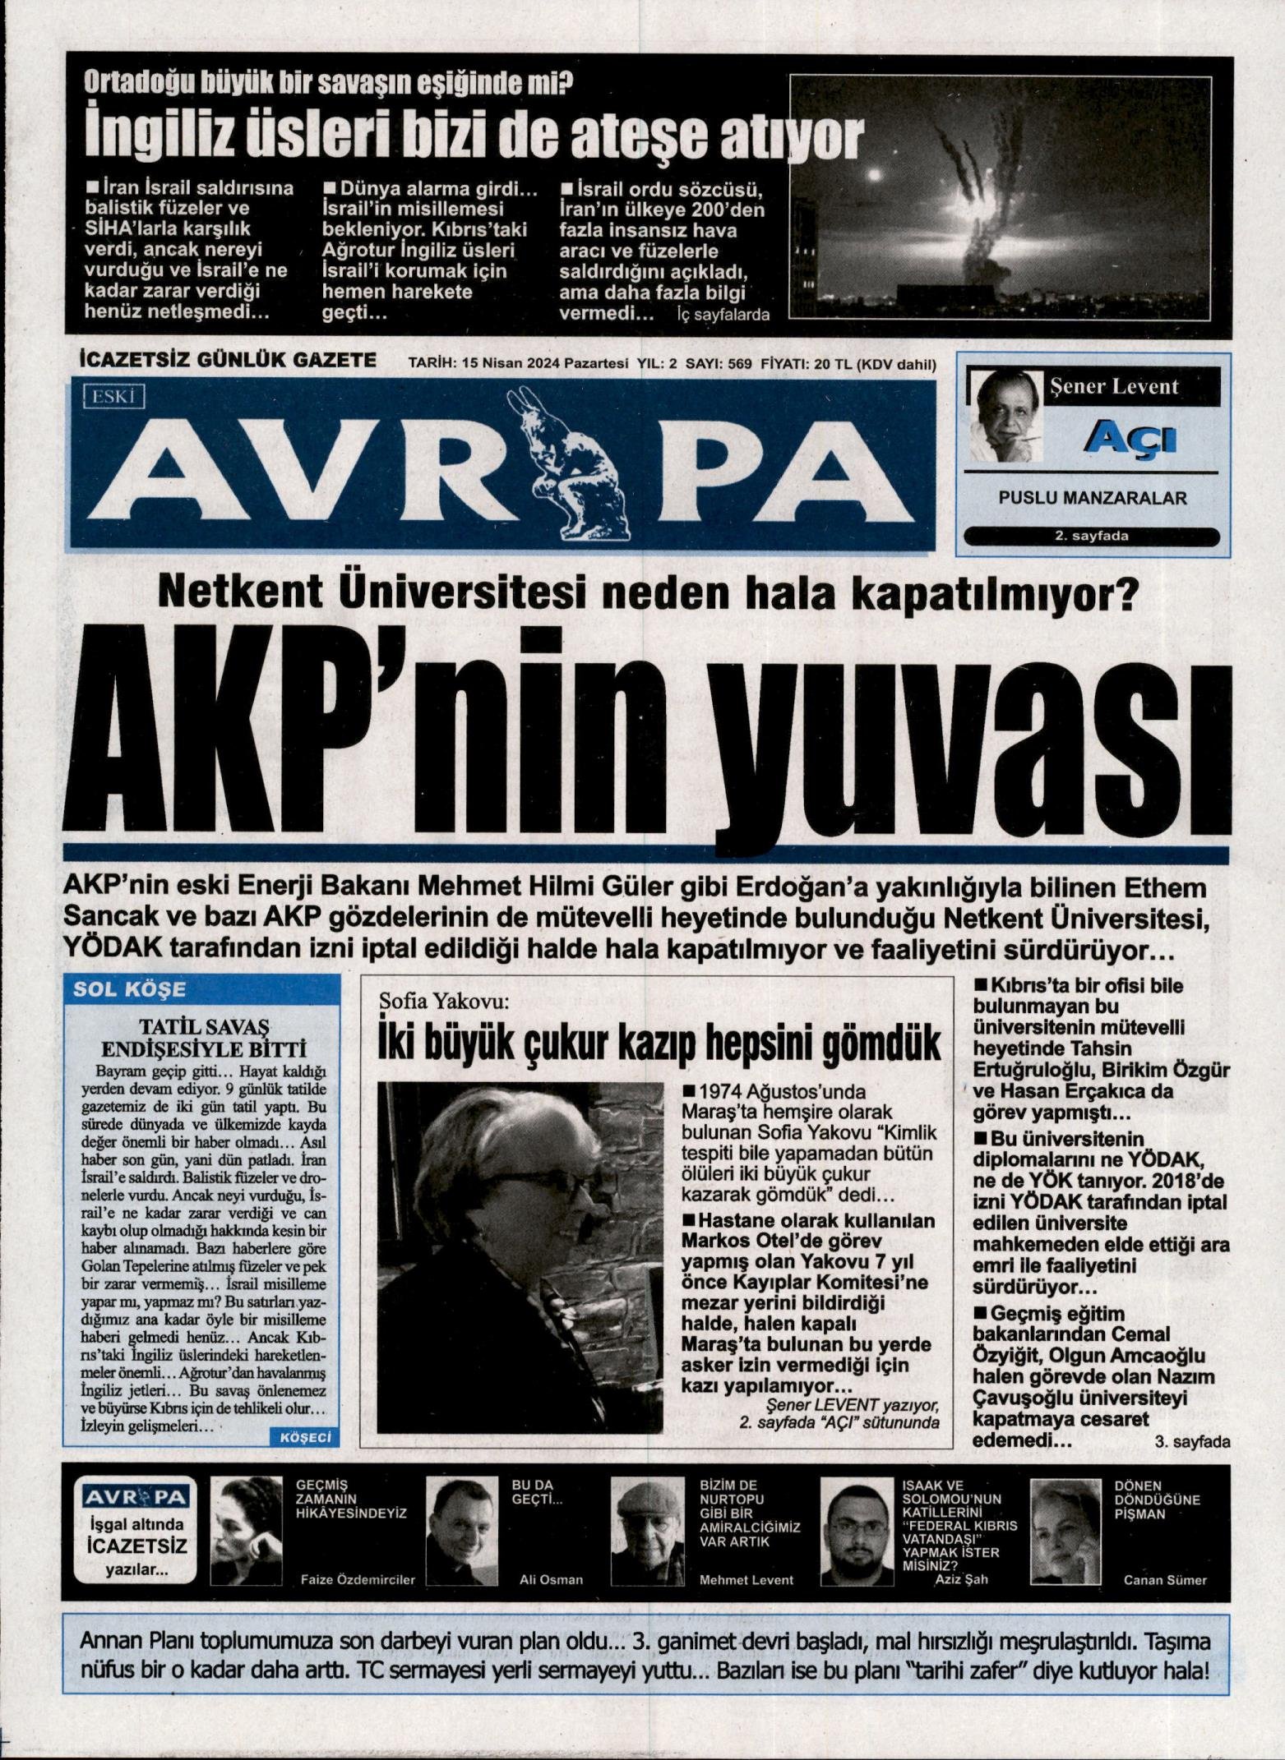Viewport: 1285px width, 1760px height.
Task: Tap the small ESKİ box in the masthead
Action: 113,398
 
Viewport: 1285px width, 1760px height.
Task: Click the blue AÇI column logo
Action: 1131,440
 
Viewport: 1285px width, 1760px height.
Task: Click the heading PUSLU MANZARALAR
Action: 1092,498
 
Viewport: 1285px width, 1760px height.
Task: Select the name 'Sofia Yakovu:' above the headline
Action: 445,1002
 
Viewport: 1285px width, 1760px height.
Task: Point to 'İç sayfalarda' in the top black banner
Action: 723,314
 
